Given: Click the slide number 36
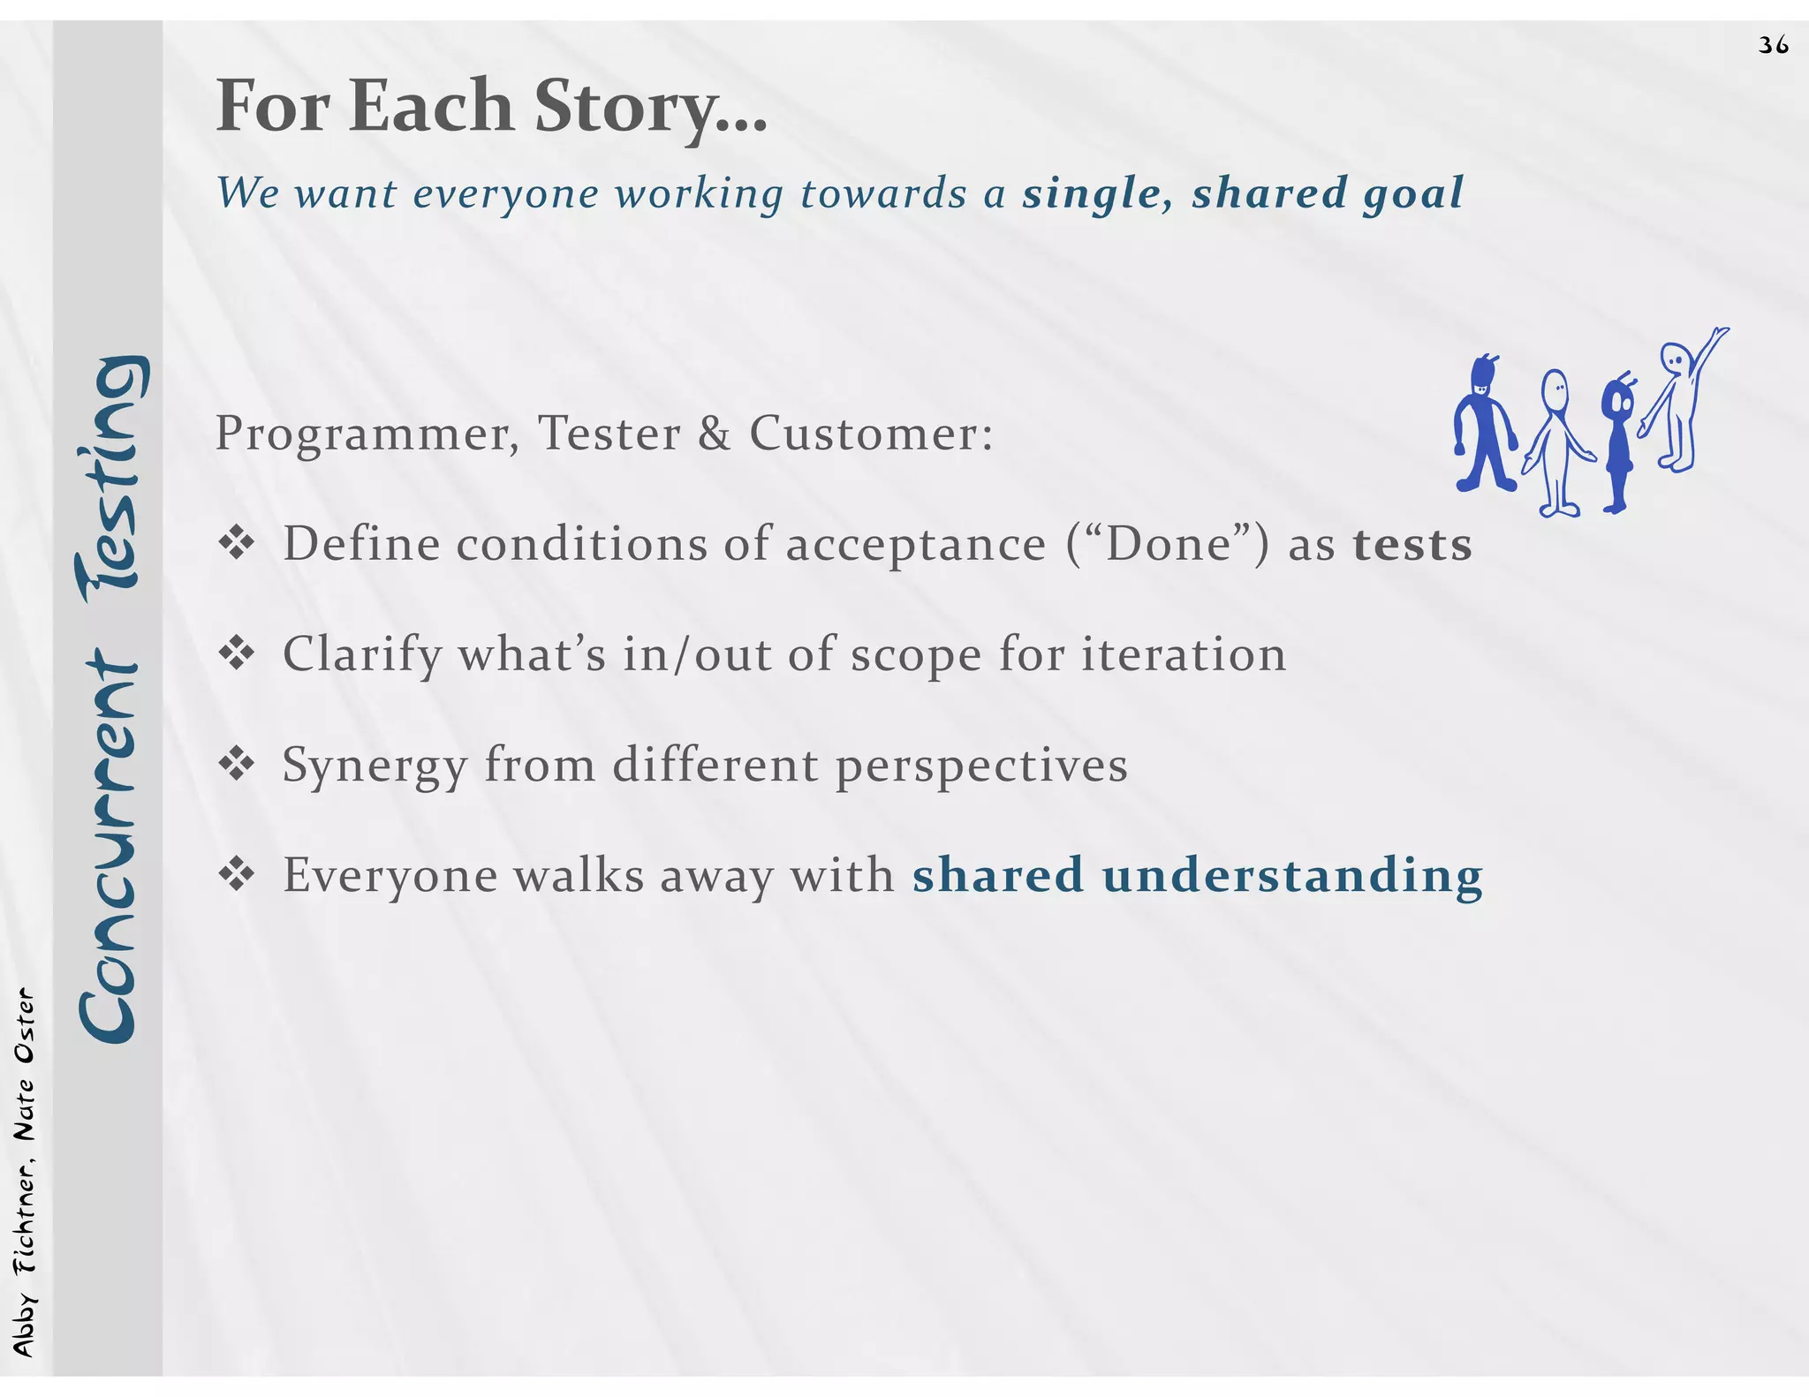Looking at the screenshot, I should [1773, 45].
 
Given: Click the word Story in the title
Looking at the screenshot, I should [624, 106].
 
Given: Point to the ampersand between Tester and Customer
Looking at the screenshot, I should [714, 434].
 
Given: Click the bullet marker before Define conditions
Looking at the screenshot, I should [237, 544].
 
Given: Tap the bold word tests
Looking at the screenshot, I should [1412, 544].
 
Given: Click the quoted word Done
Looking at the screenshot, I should [1168, 544].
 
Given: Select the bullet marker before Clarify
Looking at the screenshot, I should [237, 654].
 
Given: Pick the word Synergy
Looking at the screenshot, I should [374, 766].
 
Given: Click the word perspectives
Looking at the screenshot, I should [981, 766].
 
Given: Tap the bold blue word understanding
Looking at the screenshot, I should [1291, 875].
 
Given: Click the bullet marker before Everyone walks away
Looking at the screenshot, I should [237, 875].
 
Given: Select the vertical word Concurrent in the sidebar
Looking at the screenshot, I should [108, 848].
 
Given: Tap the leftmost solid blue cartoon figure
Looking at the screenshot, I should [1485, 426].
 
